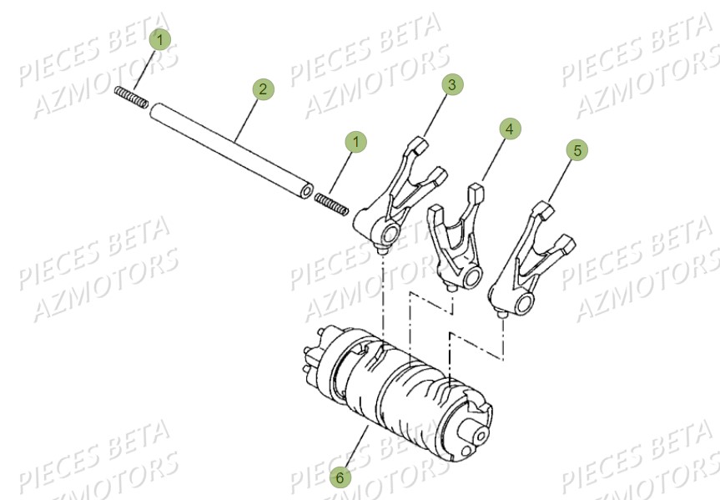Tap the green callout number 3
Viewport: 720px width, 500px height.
pyautogui.click(x=451, y=84)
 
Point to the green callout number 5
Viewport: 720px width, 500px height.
pyautogui.click(x=577, y=149)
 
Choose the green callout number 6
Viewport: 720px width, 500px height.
pyautogui.click(x=339, y=477)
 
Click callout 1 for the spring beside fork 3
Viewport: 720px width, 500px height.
pyautogui.click(x=356, y=142)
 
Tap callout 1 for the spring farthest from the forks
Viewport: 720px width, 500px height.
pyautogui.click(x=160, y=38)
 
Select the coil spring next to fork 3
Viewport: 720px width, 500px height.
pyautogui.click(x=330, y=202)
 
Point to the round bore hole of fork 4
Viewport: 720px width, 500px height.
pyautogui.click(x=474, y=276)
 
